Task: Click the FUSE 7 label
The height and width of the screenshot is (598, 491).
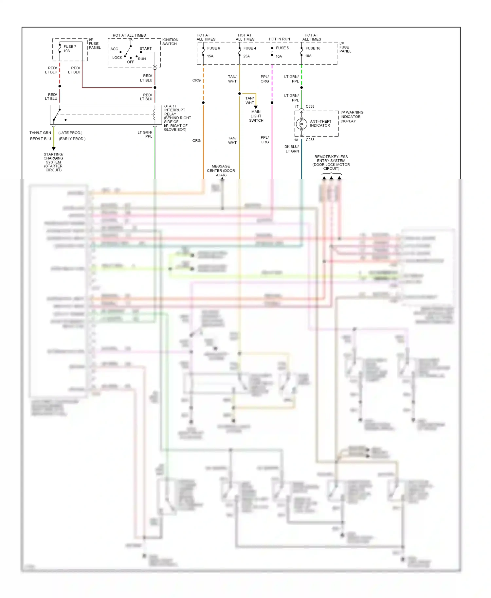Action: click(x=70, y=46)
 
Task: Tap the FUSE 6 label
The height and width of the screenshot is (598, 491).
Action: click(x=213, y=48)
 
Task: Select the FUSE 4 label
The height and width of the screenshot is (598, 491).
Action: click(x=250, y=48)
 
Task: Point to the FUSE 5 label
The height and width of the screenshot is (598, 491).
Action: click(x=282, y=48)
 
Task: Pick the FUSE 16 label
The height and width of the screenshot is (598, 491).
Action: click(x=313, y=48)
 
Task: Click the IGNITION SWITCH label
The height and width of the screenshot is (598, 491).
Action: click(x=170, y=42)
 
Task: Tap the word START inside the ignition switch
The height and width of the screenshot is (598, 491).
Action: click(x=145, y=48)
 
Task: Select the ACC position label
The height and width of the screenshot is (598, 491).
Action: click(x=114, y=49)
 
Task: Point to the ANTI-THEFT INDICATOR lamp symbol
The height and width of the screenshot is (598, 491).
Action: click(x=301, y=124)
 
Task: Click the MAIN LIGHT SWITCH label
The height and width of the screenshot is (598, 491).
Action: click(x=256, y=116)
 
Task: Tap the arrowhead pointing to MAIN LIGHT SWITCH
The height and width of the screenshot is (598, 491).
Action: click(x=256, y=107)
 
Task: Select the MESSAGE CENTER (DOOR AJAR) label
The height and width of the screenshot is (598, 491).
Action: click(x=221, y=170)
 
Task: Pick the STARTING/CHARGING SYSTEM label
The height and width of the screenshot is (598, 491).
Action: click(x=53, y=162)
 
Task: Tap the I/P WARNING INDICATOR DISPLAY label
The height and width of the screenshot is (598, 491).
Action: click(x=352, y=116)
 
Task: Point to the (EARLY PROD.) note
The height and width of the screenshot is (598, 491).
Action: click(x=72, y=139)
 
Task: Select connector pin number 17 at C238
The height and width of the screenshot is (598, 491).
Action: click(x=297, y=107)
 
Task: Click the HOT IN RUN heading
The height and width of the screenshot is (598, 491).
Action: click(x=279, y=39)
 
